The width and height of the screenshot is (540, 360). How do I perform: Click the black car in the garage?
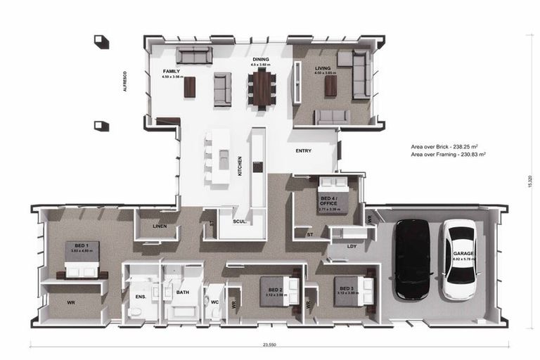(x=411, y=258)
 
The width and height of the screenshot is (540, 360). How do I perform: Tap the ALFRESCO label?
(x=124, y=82)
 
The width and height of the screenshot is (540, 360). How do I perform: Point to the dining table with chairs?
(x=262, y=88)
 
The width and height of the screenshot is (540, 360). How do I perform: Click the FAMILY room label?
(x=172, y=72)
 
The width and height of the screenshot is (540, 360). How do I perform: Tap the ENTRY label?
(x=303, y=150)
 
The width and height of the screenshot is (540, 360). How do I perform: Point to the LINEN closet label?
(x=159, y=226)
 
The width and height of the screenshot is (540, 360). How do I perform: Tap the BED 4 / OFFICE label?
(x=328, y=201)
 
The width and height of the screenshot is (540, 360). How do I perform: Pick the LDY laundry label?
(x=352, y=247)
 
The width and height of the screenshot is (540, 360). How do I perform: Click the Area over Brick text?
(x=449, y=147)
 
